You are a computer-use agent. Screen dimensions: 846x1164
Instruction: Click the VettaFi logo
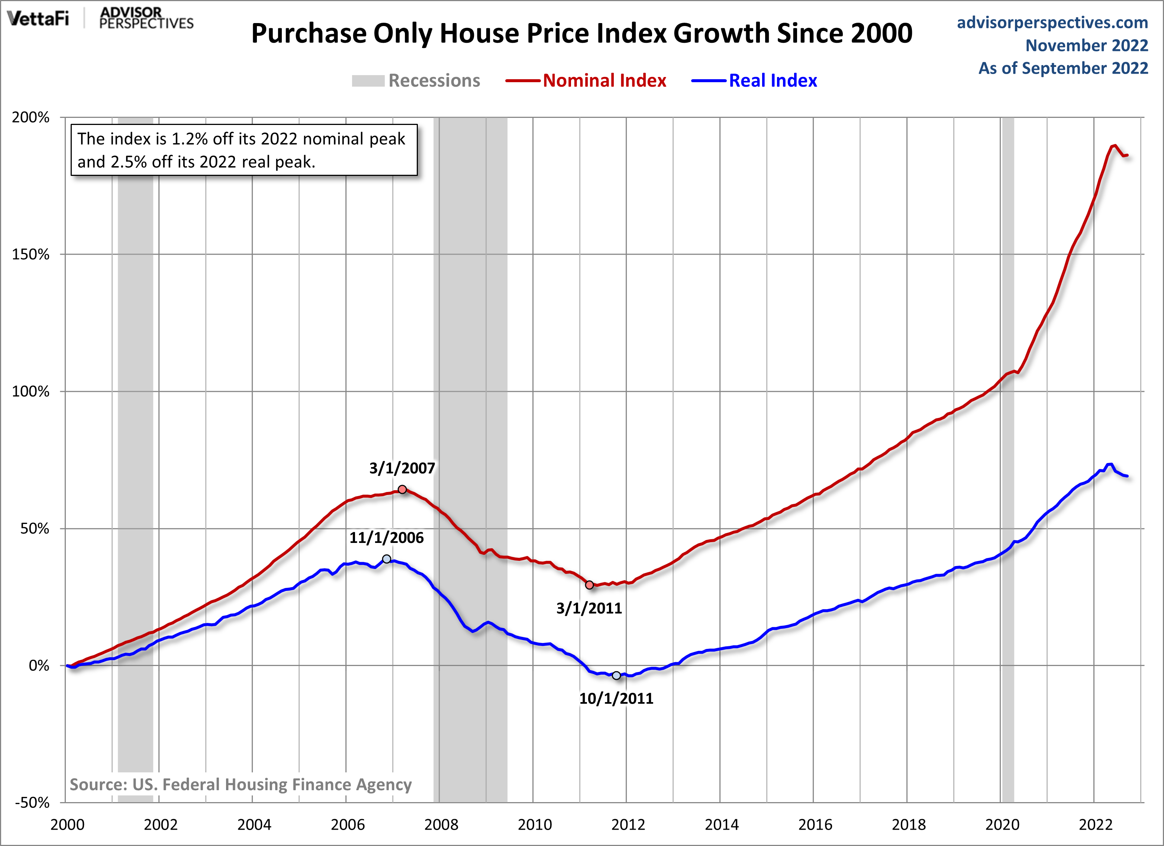(38, 19)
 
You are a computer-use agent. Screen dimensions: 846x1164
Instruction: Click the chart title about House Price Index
(581, 33)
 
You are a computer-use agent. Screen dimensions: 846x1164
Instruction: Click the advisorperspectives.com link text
(1052, 23)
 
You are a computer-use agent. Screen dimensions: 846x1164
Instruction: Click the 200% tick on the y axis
(31, 118)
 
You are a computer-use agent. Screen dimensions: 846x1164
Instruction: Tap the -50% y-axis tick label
(32, 802)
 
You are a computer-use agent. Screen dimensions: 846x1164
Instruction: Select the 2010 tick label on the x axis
(534, 825)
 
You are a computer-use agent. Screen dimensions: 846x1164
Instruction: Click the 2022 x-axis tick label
(1095, 825)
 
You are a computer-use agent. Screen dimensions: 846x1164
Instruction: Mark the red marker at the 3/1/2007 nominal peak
(402, 490)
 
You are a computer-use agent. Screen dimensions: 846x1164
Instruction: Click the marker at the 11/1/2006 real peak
(387, 559)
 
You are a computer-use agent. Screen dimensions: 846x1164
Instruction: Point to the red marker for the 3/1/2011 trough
(590, 585)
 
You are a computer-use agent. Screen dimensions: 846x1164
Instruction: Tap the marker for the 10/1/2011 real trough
(616, 676)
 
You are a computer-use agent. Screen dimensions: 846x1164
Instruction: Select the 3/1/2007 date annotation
(402, 468)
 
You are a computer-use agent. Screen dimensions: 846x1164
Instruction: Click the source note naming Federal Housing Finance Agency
(240, 784)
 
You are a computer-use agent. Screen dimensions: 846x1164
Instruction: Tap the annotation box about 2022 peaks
(244, 150)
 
